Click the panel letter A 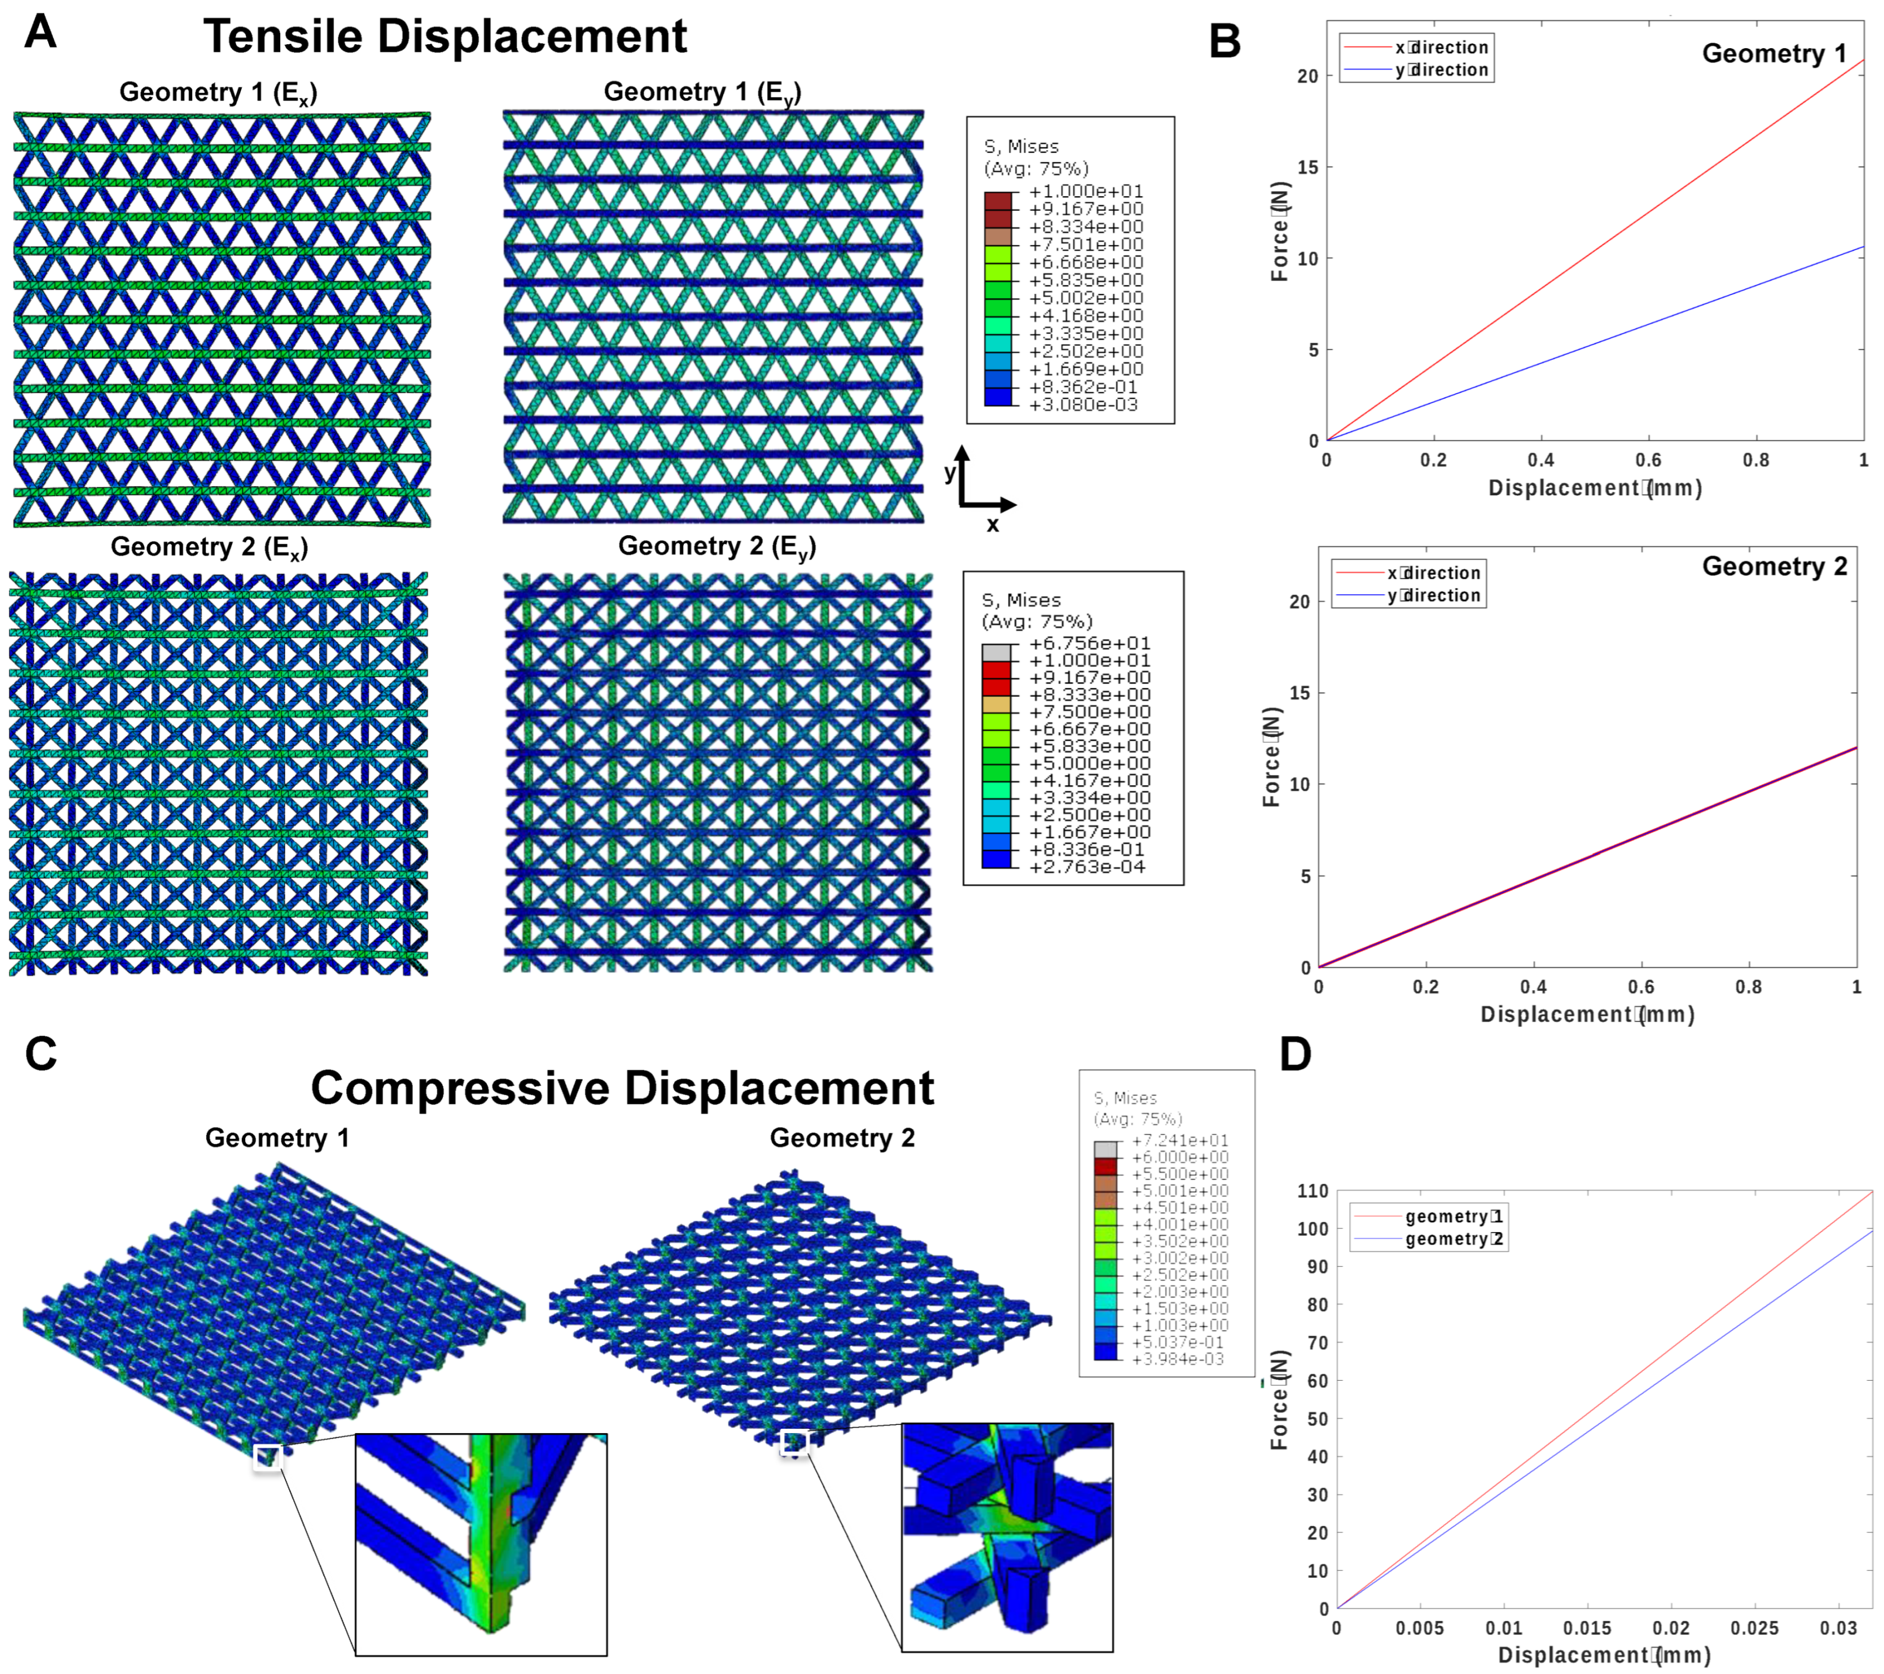[x=40, y=33]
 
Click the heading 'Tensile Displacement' [x=445, y=37]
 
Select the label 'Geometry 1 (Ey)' [x=702, y=92]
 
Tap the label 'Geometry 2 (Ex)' [x=209, y=548]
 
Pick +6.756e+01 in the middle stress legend [x=1089, y=643]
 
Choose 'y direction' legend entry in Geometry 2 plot [x=1433, y=595]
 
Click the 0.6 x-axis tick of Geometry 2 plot [x=1640, y=987]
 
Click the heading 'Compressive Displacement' [x=622, y=1089]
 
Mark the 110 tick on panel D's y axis [x=1313, y=1191]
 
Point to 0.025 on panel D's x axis [x=1754, y=1628]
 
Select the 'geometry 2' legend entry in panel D [x=1454, y=1239]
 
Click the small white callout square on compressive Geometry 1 [x=267, y=1457]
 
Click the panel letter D [x=1295, y=1054]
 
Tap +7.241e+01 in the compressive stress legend [x=1180, y=1140]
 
